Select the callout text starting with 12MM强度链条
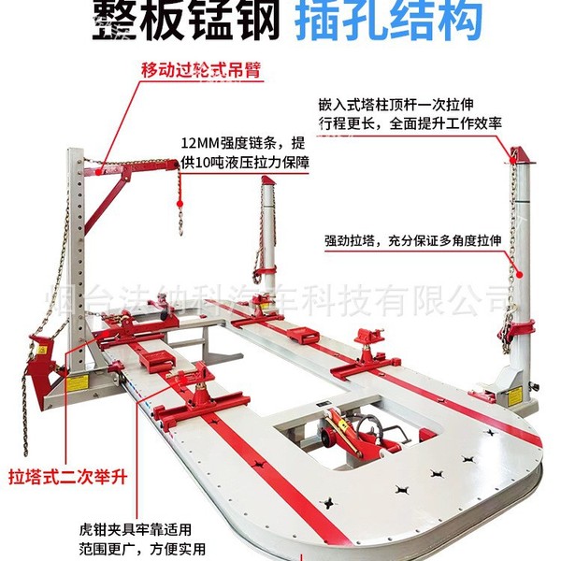(x=244, y=153)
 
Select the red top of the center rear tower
(x=266, y=186)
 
